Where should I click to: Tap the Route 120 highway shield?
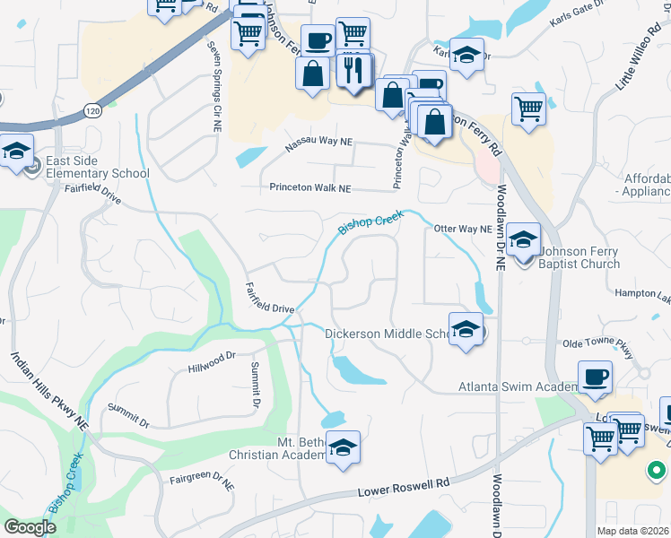(92, 109)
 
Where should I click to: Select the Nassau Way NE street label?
(319, 143)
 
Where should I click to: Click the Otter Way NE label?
(463, 229)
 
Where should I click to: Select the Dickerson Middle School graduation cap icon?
(466, 329)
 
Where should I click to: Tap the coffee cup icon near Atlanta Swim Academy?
(594, 377)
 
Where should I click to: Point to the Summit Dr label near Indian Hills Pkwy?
(126, 415)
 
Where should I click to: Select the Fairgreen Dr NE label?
(202, 481)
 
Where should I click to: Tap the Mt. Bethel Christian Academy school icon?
(342, 447)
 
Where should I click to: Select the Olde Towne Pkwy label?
(598, 342)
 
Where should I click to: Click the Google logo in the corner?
(30, 527)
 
